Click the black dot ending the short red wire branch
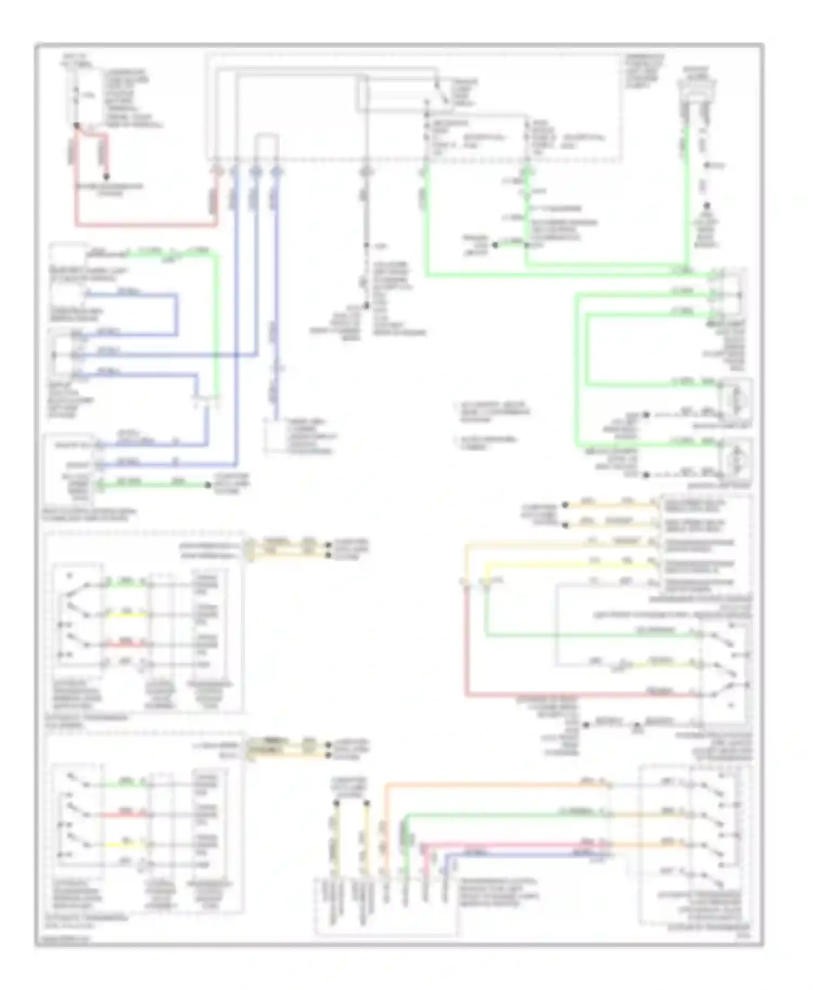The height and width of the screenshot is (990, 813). click(x=106, y=177)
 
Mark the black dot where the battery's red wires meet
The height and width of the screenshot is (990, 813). click(x=76, y=126)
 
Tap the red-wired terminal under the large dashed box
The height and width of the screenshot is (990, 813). click(x=216, y=172)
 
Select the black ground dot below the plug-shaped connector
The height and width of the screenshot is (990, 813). click(x=707, y=206)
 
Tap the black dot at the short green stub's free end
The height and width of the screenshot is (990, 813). click(x=495, y=245)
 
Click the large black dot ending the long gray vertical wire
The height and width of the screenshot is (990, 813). click(x=366, y=306)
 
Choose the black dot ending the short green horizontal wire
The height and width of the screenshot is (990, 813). click(x=208, y=485)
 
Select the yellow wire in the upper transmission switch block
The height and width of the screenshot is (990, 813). click(x=126, y=615)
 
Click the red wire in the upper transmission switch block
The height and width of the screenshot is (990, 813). click(x=126, y=644)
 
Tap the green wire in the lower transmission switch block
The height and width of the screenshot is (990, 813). click(x=126, y=784)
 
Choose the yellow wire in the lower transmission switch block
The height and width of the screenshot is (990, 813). click(x=126, y=845)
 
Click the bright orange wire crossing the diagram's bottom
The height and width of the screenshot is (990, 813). click(x=488, y=784)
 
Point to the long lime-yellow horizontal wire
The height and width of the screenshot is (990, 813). click(x=569, y=565)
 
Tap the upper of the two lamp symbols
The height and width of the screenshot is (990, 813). click(x=735, y=400)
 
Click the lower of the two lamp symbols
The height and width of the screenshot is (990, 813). click(x=735, y=459)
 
